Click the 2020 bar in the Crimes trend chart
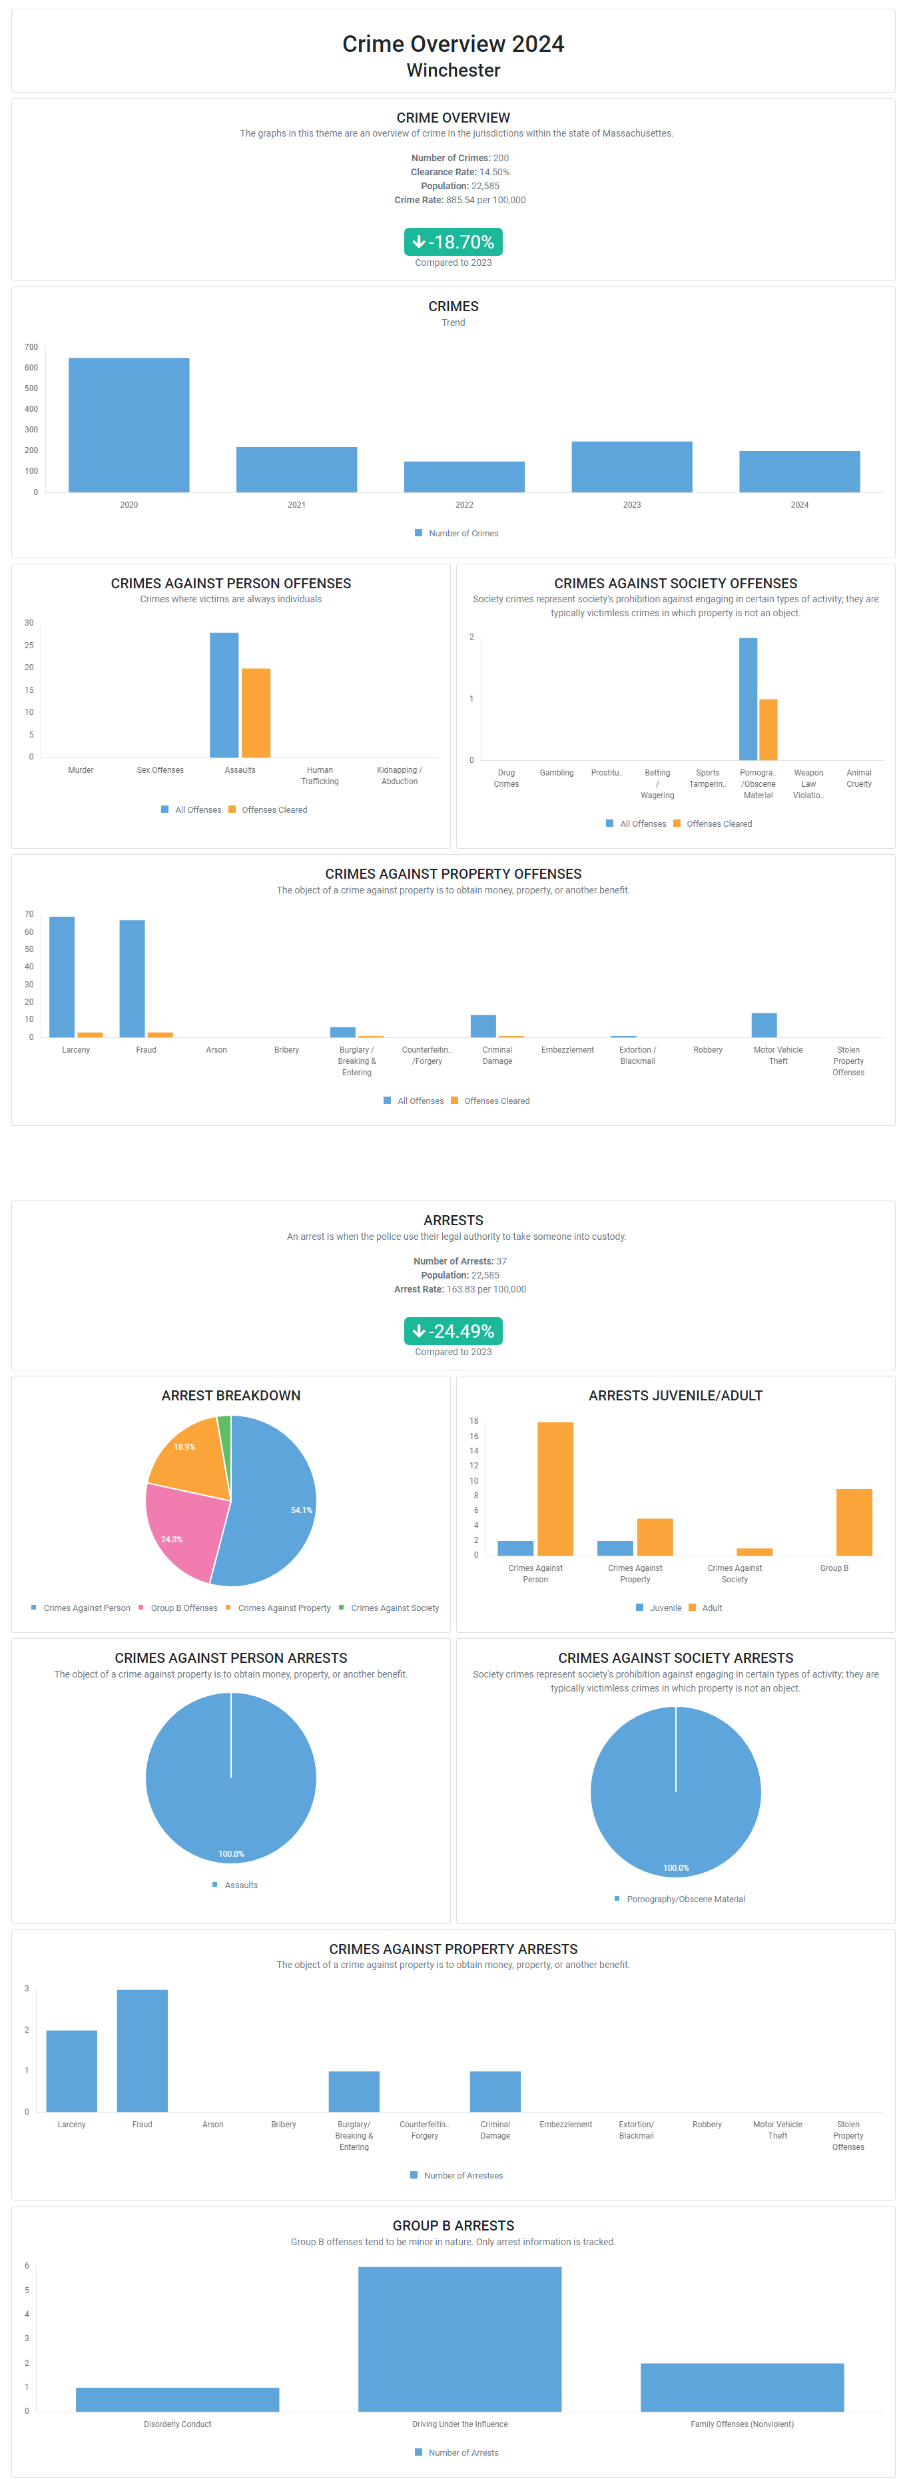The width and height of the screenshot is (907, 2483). click(129, 424)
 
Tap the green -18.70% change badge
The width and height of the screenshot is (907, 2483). click(453, 241)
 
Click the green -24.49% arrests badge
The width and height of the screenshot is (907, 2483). click(453, 1330)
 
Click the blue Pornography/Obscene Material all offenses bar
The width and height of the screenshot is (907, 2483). click(747, 699)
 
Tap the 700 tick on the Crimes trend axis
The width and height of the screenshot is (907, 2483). click(32, 347)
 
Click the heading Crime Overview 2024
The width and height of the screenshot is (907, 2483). click(453, 45)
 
